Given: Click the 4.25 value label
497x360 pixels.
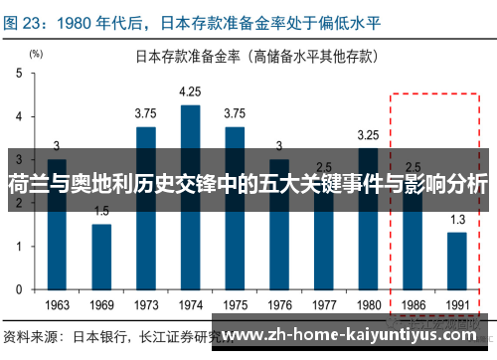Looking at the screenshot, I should [x=190, y=92].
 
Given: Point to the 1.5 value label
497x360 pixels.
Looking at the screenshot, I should [x=101, y=210].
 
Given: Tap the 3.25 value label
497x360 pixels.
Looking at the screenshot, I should [x=368, y=134].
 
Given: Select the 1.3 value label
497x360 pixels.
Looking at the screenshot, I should [x=456, y=219].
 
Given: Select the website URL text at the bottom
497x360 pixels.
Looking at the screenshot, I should [x=353, y=334].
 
